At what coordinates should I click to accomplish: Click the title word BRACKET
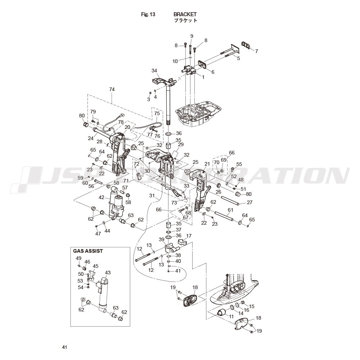coord(185,14)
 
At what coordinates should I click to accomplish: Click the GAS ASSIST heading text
coord(88,251)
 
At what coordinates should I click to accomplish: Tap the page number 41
coord(64,347)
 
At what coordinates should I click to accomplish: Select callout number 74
coord(112,89)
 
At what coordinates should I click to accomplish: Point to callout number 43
coord(108,273)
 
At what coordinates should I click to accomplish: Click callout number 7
coord(257,51)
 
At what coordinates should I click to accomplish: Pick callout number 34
coord(154,71)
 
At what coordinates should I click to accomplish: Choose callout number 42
coord(102,197)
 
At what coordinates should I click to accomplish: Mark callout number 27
coord(249,202)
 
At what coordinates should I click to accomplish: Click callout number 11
coord(231,316)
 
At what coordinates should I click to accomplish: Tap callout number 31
coord(152,195)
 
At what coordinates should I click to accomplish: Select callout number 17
coord(189,236)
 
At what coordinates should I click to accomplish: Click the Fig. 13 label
coord(148,14)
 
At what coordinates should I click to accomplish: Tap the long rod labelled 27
coord(230,200)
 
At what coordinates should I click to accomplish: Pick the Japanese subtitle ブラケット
coord(185,20)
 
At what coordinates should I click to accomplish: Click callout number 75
coord(157,113)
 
